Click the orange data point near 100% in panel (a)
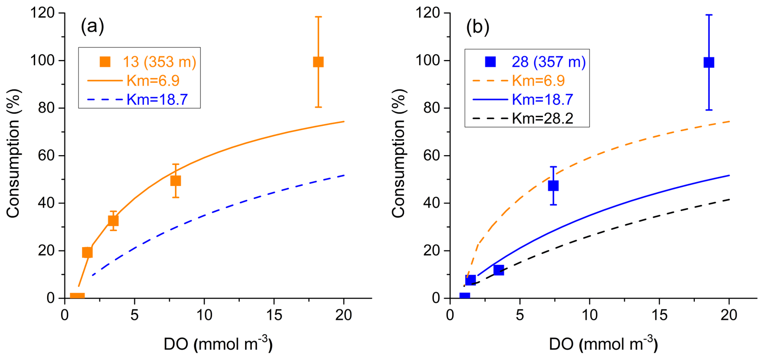318,62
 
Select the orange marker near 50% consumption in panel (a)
176,181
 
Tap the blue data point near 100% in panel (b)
709,62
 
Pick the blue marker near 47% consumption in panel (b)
553,186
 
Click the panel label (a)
92,26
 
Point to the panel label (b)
478,27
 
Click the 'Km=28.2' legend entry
543,118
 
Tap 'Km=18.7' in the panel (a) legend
157,99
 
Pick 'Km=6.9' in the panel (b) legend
539,81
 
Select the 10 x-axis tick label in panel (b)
590,316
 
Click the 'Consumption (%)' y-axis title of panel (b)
399,154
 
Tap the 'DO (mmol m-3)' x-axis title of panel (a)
218,344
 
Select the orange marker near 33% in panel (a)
113,221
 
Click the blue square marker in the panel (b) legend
491,62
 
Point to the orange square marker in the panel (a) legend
105,62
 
